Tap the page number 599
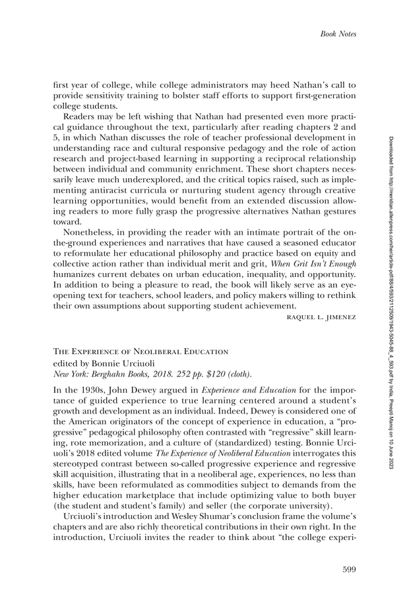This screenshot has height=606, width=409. [349, 569]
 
